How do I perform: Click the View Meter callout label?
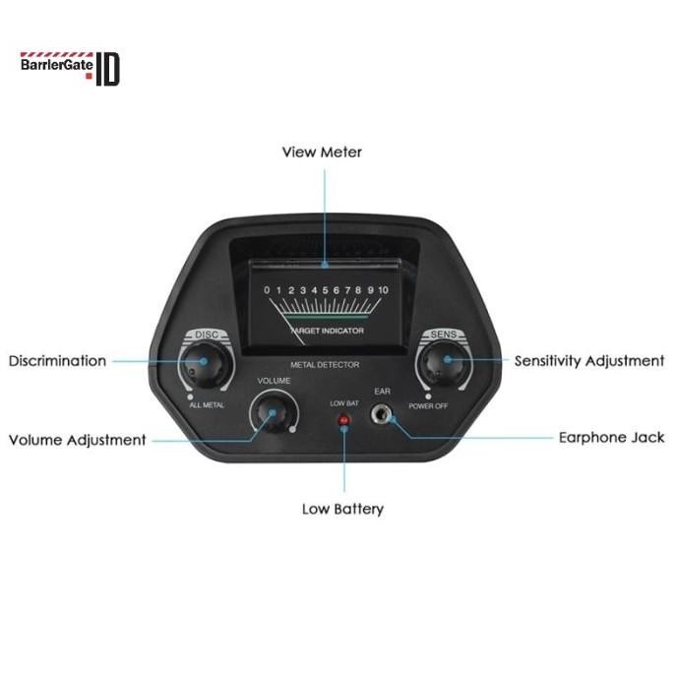click(x=322, y=153)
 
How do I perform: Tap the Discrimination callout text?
click(x=57, y=361)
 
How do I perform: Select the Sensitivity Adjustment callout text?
click(x=589, y=361)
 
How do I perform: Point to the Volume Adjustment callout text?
click(x=77, y=440)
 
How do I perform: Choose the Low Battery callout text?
click(x=342, y=509)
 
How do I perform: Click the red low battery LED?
click(x=344, y=421)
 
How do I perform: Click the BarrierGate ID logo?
click(x=70, y=68)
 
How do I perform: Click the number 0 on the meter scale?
click(x=267, y=290)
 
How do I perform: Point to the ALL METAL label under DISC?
click(x=207, y=405)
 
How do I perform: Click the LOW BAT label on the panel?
click(x=344, y=402)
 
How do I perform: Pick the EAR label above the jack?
click(x=383, y=392)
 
